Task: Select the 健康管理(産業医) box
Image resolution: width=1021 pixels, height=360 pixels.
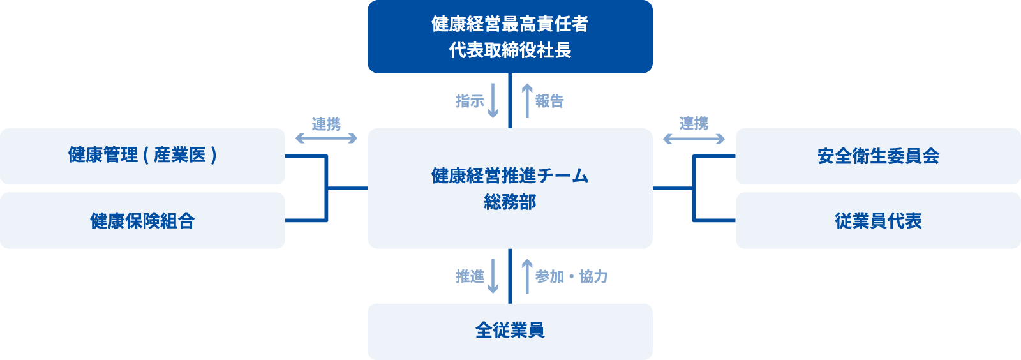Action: [142, 156]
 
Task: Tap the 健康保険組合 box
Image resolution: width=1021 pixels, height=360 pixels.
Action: [142, 221]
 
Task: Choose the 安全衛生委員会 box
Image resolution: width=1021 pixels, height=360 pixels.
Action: [878, 156]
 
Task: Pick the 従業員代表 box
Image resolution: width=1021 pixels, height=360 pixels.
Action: [878, 221]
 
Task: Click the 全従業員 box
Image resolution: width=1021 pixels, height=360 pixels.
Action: [510, 331]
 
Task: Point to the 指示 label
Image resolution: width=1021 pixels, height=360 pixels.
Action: [470, 101]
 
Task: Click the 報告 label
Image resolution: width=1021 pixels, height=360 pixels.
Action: [549, 101]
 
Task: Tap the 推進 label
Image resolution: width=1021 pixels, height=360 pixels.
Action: [470, 276]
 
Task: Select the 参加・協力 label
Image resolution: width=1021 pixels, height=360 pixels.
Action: [571, 276]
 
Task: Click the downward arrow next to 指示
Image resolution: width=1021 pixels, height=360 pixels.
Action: [493, 101]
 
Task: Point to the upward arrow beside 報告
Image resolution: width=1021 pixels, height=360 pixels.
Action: [527, 101]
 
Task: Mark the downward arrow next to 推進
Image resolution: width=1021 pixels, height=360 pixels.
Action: [493, 276]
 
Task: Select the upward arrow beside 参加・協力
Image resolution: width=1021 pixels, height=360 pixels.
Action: [527, 276]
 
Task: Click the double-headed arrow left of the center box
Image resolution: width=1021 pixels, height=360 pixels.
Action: [326, 138]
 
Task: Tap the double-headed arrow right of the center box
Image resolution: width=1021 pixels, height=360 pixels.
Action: [694, 138]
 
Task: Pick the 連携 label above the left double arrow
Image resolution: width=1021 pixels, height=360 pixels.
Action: [326, 124]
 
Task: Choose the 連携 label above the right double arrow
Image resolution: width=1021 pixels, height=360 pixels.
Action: [694, 123]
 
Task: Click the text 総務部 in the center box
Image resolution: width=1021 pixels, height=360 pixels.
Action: [510, 202]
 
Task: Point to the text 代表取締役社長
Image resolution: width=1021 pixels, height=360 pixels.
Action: [510, 50]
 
